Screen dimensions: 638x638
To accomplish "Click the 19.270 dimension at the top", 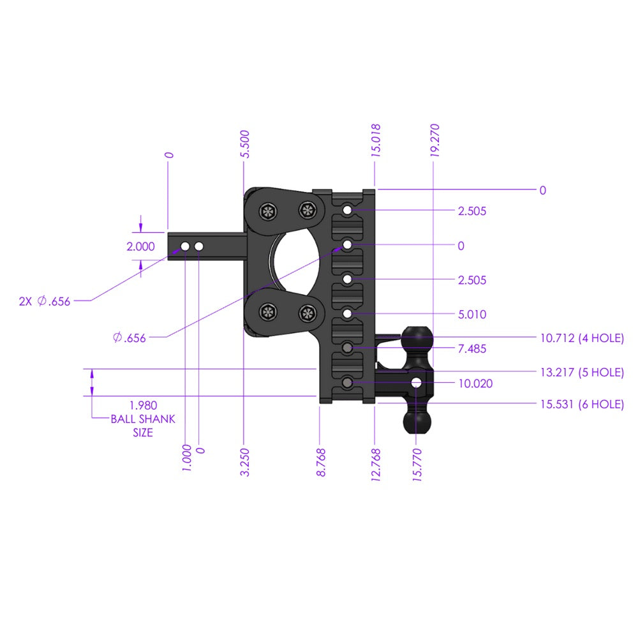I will point(435,140).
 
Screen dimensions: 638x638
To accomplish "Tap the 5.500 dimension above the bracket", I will point(246,144).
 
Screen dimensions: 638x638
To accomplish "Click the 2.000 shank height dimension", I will point(141,247).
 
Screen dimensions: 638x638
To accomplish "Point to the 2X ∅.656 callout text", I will point(45,301).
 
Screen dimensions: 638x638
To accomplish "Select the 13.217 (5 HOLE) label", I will point(581,373).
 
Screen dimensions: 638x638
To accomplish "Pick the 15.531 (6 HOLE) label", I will point(581,404).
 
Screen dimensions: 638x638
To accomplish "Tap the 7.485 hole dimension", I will point(472,349).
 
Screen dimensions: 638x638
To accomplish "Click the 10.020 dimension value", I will point(475,383).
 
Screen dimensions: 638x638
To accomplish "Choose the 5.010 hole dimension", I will point(472,315).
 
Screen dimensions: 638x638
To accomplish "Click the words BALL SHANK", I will point(143,419).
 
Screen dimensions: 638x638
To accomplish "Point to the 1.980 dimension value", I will point(143,405).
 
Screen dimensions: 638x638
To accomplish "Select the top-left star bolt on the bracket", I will point(267,211).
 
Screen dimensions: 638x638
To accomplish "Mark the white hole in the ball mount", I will point(417,383).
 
